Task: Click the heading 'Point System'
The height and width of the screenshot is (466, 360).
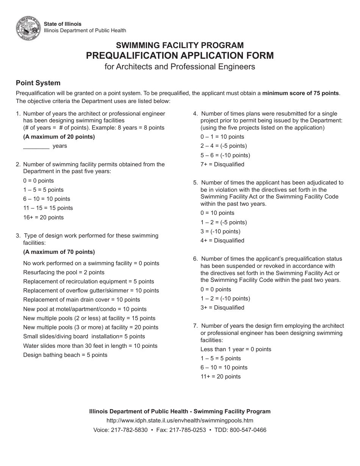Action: pos(38,83)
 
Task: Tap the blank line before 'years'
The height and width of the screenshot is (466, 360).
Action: pos(36,146)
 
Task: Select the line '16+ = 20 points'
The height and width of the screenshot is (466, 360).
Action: pos(43,217)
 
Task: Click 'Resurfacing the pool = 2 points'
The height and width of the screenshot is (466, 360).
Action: pos(64,272)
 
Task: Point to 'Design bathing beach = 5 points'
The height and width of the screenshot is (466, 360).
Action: pos(65,355)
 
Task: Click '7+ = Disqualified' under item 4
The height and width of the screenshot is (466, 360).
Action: pos(222,164)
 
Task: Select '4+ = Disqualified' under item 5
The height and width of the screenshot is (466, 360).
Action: pos(222,241)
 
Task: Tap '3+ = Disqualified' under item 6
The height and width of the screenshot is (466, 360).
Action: pos(222,308)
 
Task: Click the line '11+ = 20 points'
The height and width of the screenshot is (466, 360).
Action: pos(221,377)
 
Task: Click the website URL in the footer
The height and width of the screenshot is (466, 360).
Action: pos(180,421)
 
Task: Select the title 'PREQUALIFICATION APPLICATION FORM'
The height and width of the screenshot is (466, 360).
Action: pos(180,55)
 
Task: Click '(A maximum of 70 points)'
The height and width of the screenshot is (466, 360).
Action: pos(59,252)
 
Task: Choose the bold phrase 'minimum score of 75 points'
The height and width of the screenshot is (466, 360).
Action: pos(301,93)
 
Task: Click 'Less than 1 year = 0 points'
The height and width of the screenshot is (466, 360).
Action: pos(236,349)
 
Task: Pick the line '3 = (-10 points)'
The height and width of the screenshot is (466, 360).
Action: pos(221,231)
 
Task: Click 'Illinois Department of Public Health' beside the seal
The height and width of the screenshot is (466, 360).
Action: pos(85,31)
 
